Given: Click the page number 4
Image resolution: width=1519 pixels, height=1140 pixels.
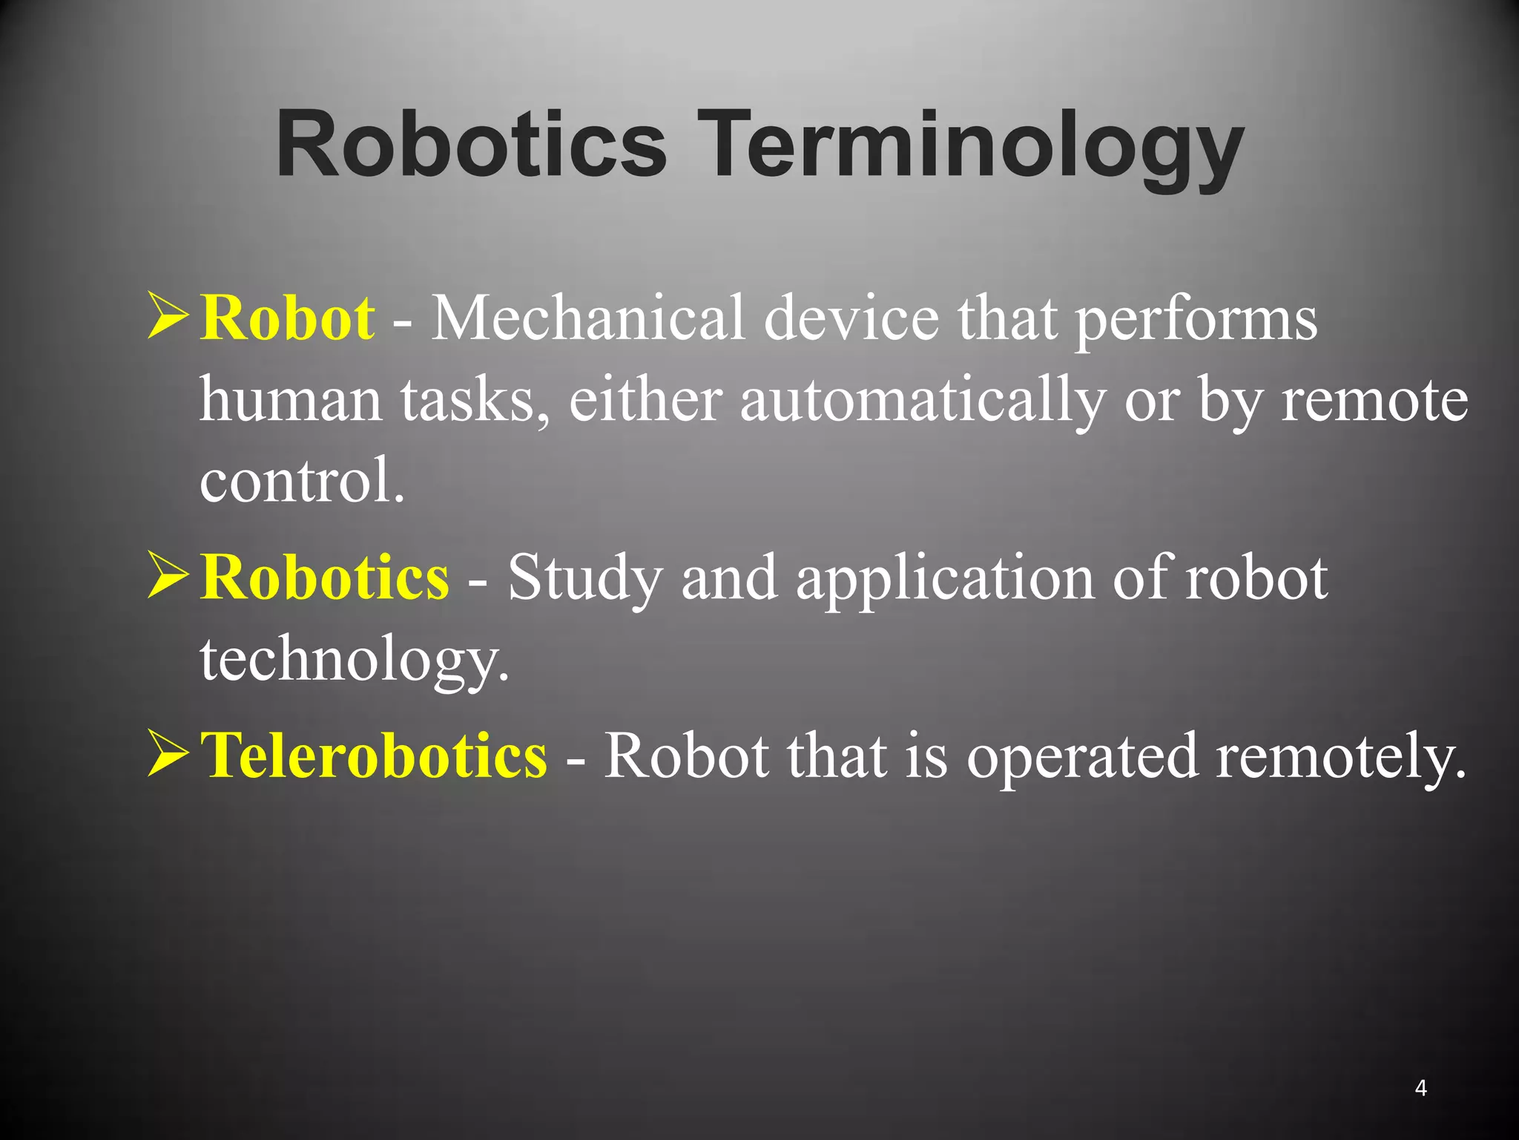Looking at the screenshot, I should point(1420,1088).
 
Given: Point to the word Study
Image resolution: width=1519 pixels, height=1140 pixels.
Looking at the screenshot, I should point(585,579).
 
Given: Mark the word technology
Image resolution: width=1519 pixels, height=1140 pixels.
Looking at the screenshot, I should point(355,660).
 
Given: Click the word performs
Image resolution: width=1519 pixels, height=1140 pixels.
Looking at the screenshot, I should point(1196,319).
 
